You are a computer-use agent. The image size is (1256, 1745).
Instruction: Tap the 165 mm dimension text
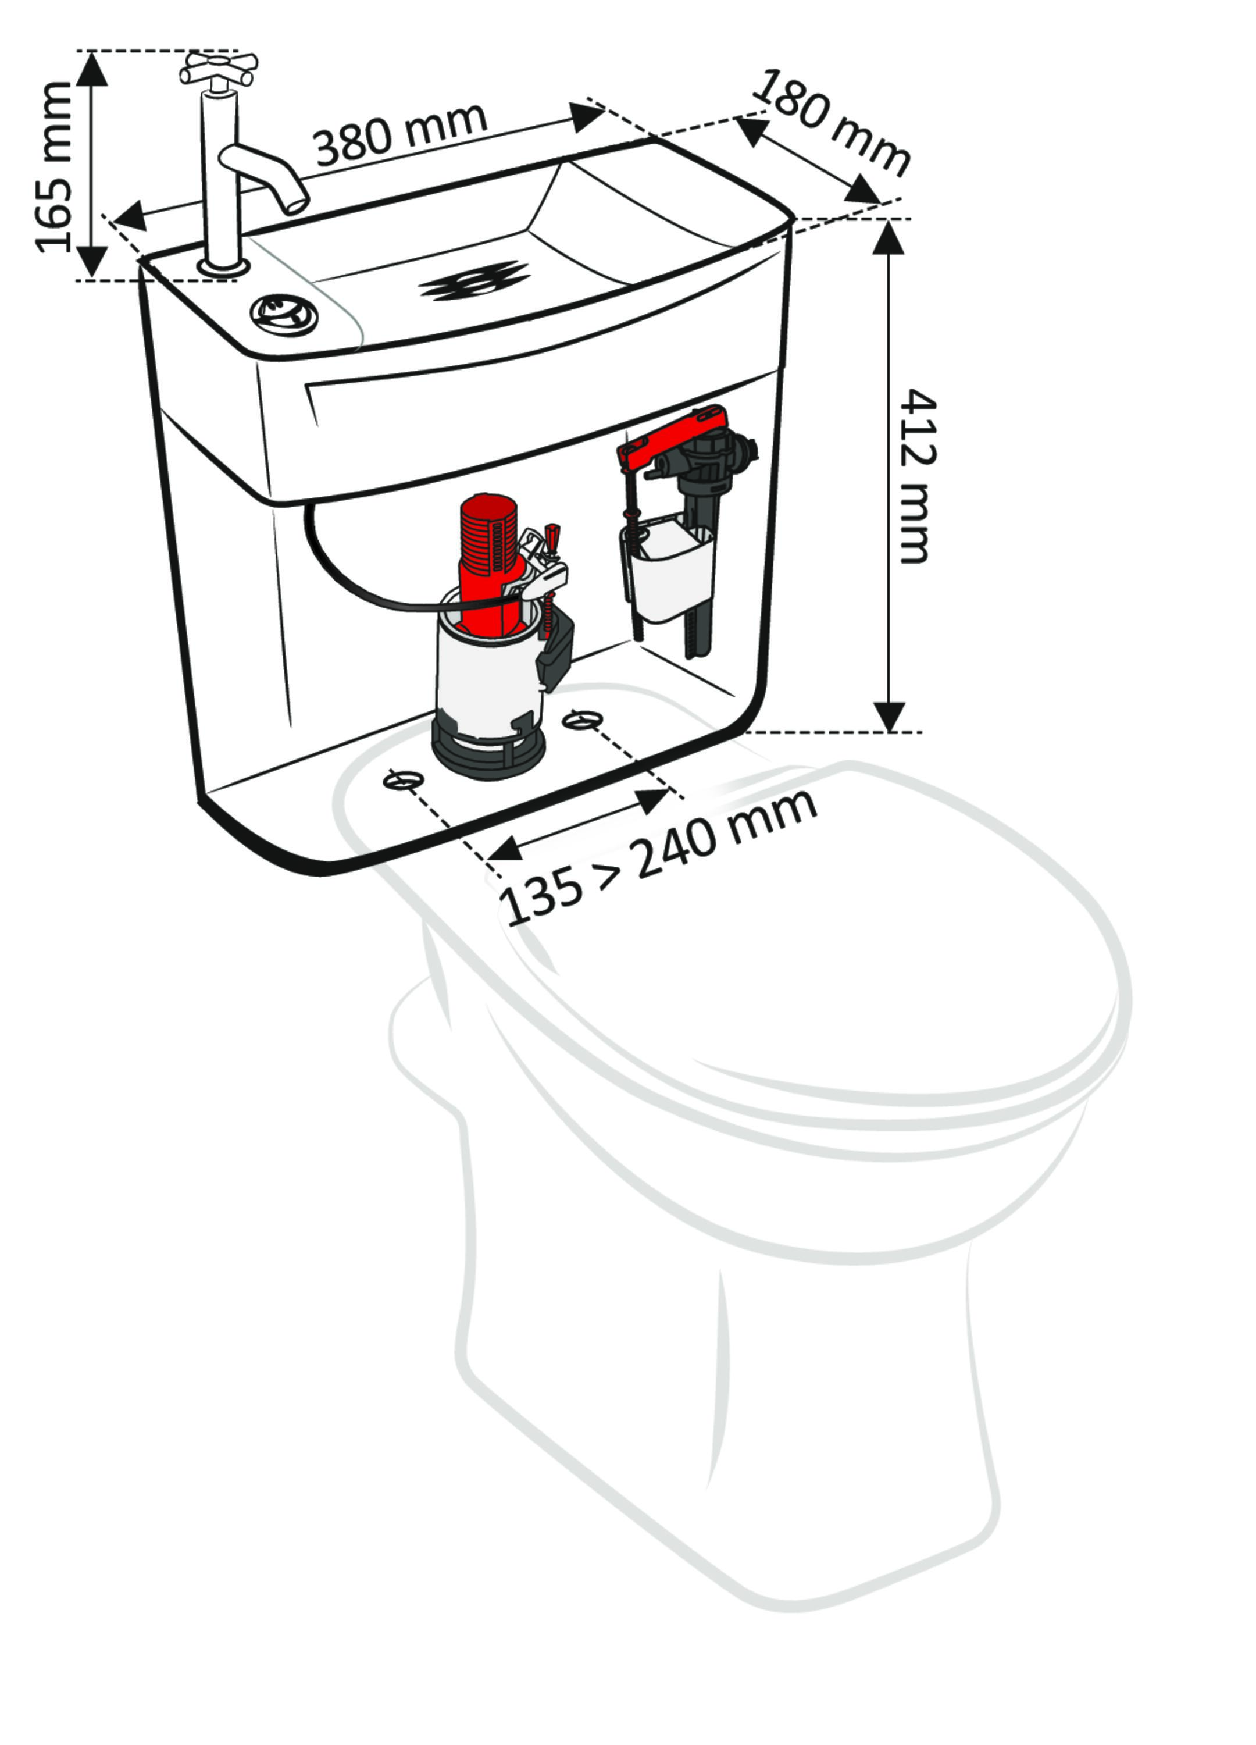coord(55,167)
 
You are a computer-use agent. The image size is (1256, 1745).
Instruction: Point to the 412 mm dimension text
coord(918,476)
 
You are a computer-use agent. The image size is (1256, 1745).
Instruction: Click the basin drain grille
coord(474,280)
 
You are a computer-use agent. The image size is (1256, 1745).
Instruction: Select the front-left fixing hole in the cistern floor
coord(404,780)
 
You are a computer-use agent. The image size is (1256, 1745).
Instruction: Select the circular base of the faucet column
coord(224,267)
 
